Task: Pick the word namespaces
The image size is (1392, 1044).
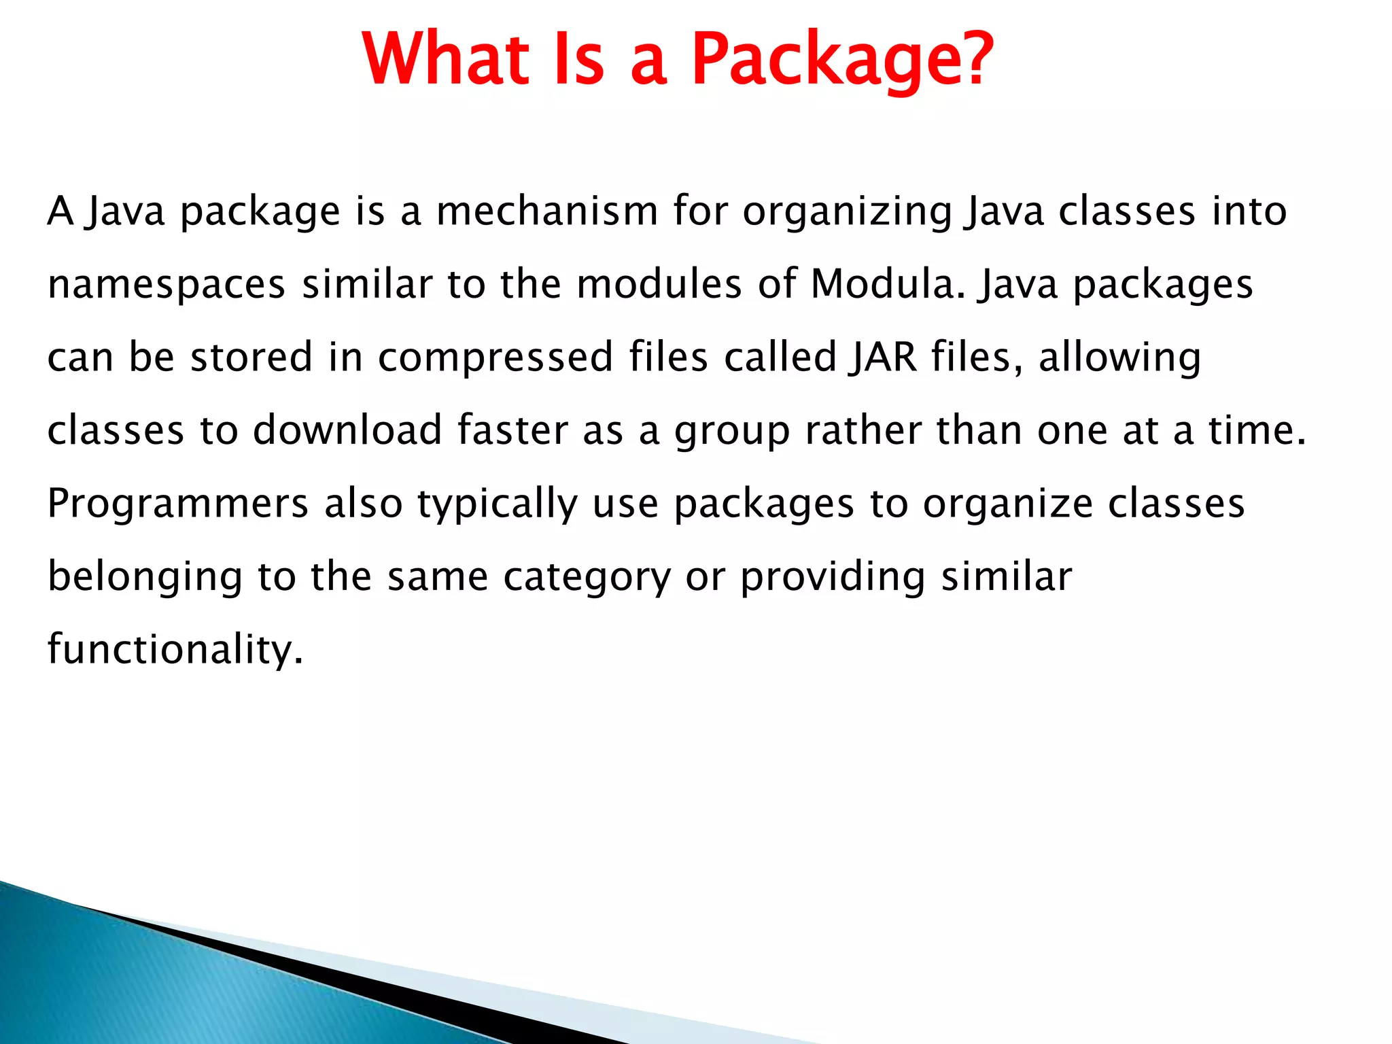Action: (x=167, y=285)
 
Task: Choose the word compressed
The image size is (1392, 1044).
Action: (x=495, y=358)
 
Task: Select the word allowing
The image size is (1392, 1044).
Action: (x=1119, y=358)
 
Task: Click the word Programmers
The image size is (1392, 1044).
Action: (x=178, y=504)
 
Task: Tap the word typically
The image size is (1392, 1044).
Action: (x=498, y=505)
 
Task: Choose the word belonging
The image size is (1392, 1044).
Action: (x=145, y=578)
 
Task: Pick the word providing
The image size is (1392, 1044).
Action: (x=833, y=578)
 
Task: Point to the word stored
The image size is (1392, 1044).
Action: (x=251, y=358)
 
